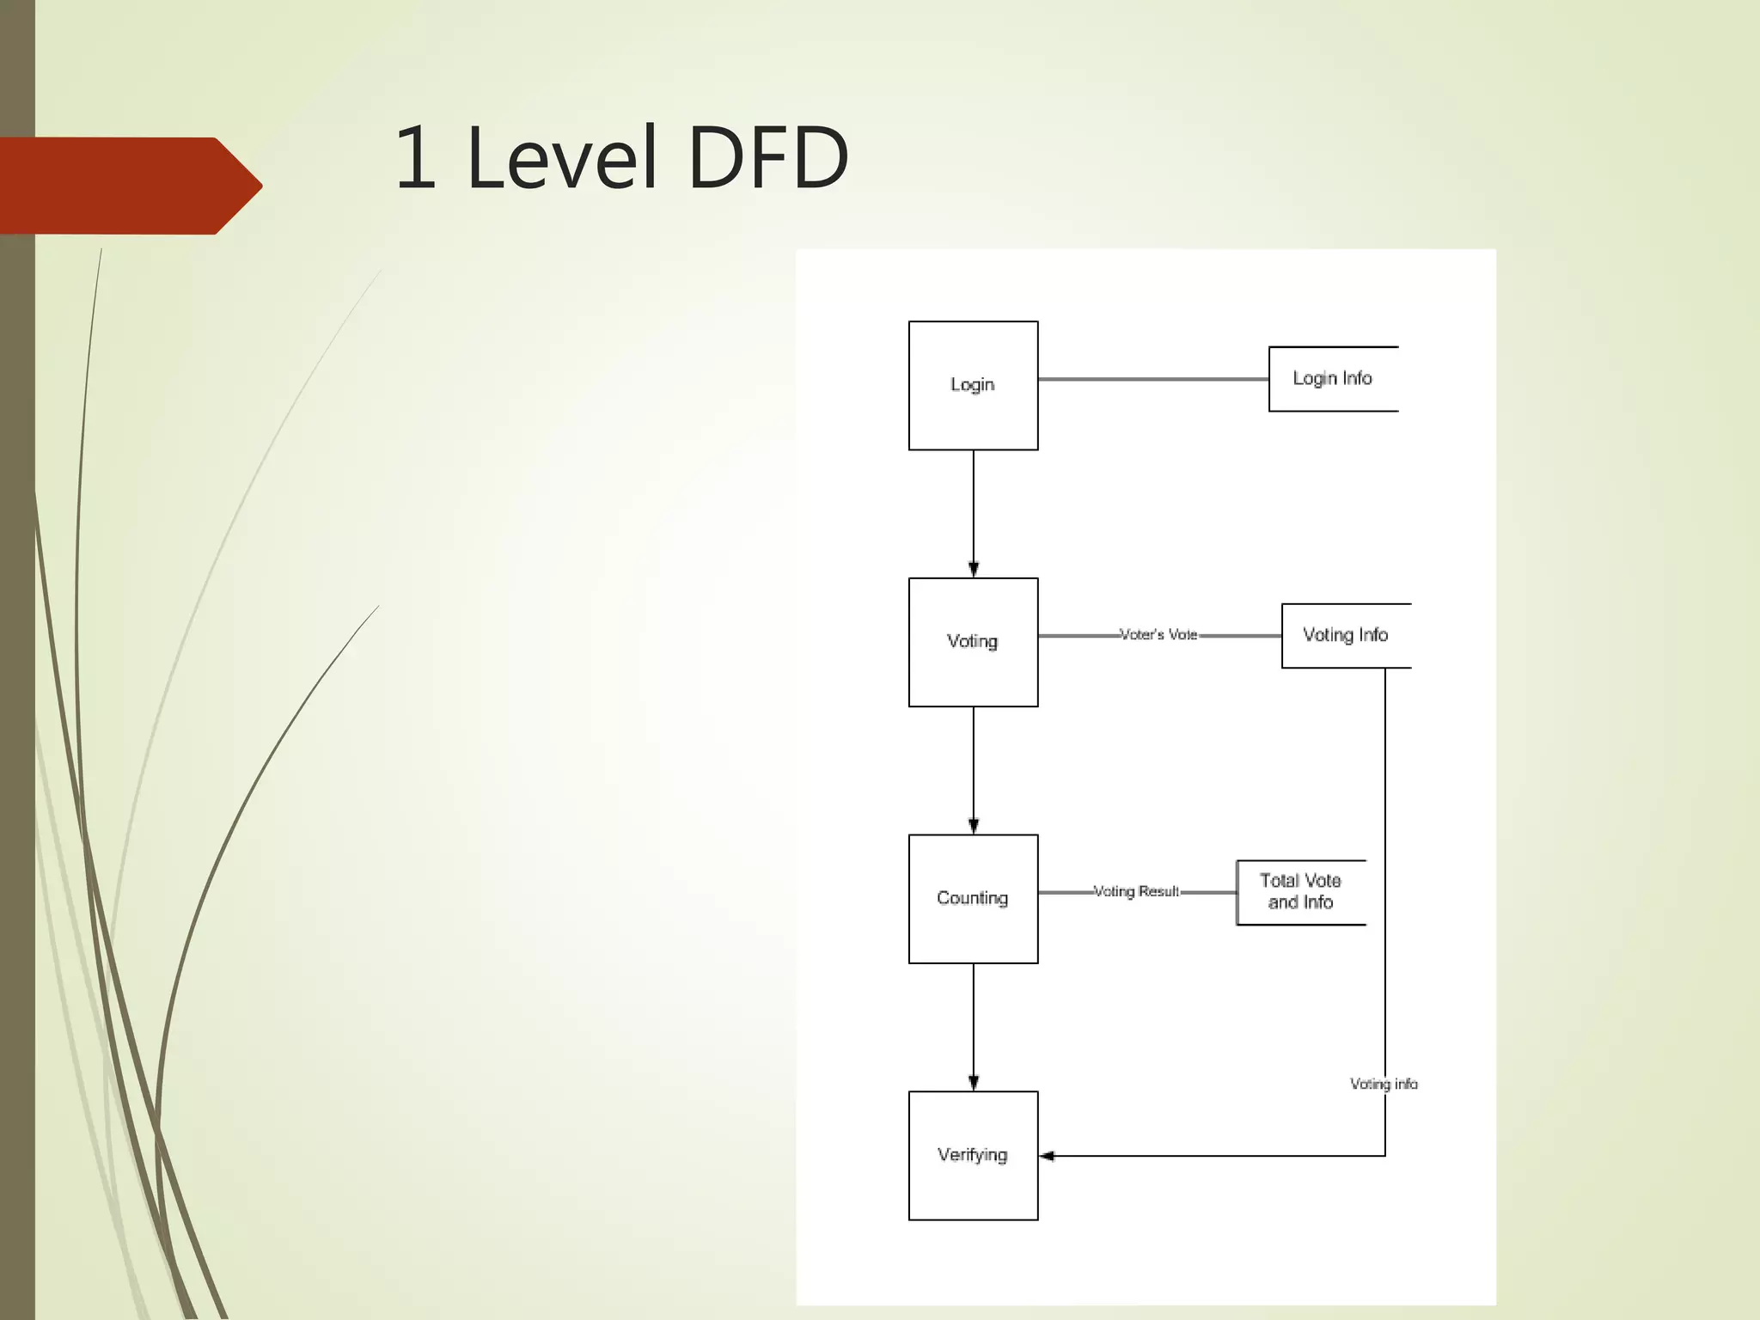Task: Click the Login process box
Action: (973, 385)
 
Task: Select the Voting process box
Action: (973, 642)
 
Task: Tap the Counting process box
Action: (973, 898)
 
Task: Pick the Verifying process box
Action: (973, 1155)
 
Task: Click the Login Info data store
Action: (1333, 379)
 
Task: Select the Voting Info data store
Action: (1346, 635)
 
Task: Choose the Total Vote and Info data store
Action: (1300, 892)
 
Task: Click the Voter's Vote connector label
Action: (1158, 635)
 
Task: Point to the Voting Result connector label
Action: (1136, 892)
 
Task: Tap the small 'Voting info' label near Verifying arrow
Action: (1384, 1085)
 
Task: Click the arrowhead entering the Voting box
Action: (974, 569)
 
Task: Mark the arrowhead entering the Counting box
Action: (974, 826)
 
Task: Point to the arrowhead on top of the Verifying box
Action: (974, 1083)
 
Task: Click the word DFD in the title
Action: (768, 158)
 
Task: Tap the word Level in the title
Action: (563, 158)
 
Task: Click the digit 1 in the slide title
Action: (416, 158)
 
